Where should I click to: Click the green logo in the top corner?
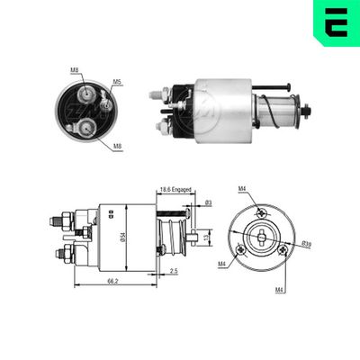(338, 20)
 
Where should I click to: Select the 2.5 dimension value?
(173, 271)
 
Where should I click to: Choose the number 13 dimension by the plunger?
(209, 238)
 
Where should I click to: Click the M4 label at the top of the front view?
(242, 189)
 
